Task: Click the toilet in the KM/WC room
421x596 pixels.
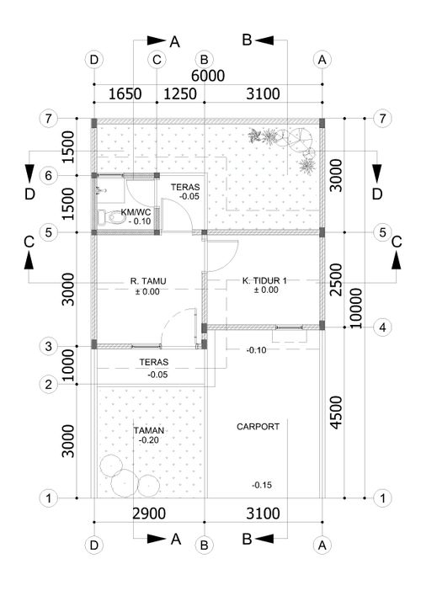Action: click(x=109, y=218)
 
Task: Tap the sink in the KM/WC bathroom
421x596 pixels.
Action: click(x=100, y=189)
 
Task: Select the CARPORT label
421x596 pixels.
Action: click(x=258, y=427)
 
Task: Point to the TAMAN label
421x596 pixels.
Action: click(x=149, y=430)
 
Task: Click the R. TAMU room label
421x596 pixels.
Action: click(x=148, y=281)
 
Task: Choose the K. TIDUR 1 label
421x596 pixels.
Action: click(x=264, y=280)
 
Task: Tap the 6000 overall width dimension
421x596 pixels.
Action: click(x=208, y=76)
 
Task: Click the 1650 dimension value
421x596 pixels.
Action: click(x=125, y=94)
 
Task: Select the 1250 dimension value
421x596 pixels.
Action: click(x=180, y=94)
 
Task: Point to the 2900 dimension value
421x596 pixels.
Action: click(x=149, y=514)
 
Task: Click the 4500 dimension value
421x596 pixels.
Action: click(x=336, y=412)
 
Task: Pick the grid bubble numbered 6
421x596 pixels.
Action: click(x=48, y=176)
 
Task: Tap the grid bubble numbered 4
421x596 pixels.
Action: click(x=382, y=327)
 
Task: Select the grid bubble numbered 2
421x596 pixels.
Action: click(x=48, y=384)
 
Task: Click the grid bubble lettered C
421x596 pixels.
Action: click(x=157, y=60)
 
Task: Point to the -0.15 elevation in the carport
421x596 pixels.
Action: click(x=262, y=485)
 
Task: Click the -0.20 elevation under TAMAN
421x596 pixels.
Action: click(x=149, y=440)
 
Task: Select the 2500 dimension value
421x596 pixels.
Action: click(x=336, y=279)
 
